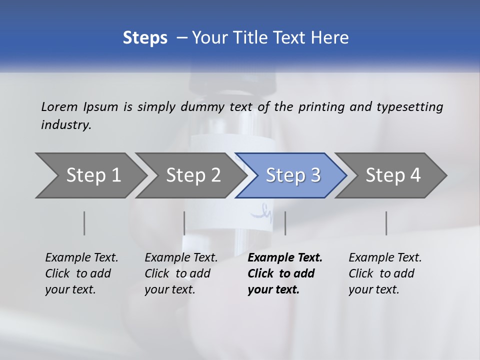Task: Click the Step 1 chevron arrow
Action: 93,175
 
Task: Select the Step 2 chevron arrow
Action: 193,175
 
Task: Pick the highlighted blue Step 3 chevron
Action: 292,175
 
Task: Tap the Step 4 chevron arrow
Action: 392,175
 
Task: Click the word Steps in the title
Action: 145,37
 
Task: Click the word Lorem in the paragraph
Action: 59,106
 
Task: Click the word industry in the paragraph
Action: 66,124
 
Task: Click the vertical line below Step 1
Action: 84,223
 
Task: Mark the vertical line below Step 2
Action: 184,223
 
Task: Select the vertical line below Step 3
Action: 285,223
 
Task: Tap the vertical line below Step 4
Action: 386,223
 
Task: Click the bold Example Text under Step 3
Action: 285,257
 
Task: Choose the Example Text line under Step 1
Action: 81,257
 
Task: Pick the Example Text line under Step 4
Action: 385,257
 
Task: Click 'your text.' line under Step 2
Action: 169,289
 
